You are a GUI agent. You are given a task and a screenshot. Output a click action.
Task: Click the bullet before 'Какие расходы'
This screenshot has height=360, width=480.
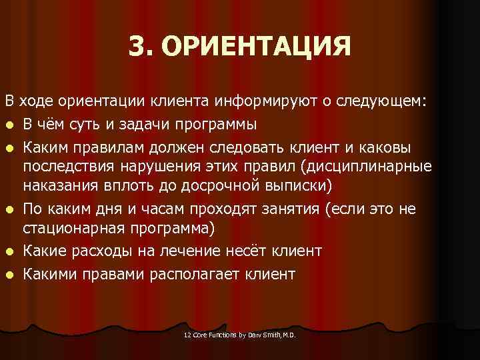tap(9, 253)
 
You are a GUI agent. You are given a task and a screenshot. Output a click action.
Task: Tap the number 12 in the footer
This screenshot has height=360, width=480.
tap(187, 335)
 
